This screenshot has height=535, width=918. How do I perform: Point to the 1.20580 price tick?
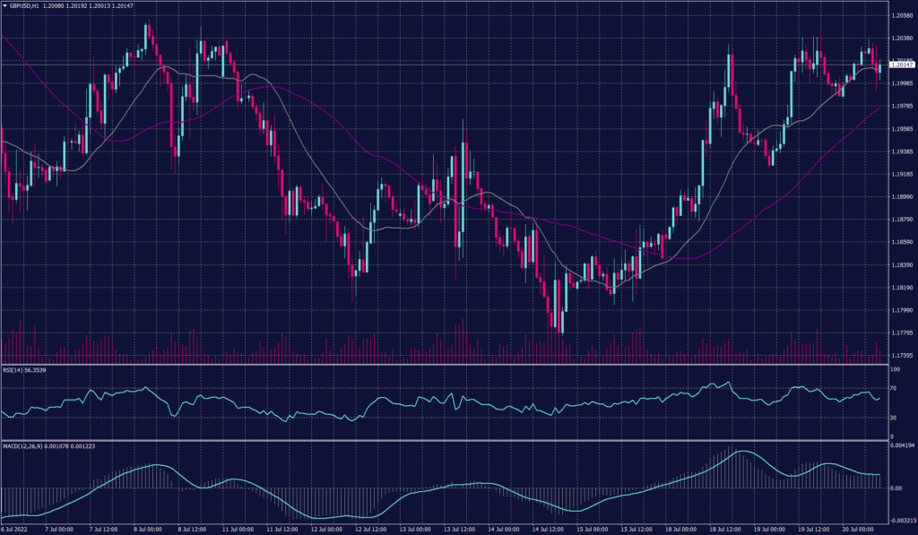pos(901,16)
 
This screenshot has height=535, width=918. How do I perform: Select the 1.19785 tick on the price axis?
pos(901,106)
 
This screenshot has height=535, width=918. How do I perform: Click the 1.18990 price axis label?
pos(901,196)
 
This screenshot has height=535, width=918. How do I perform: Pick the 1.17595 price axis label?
pos(901,355)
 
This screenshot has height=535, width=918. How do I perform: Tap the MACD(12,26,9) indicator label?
pos(28,446)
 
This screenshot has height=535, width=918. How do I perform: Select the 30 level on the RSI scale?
pos(893,418)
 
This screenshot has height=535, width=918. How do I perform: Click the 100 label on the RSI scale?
pos(894,369)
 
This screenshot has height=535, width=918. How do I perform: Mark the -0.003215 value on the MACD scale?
pos(901,520)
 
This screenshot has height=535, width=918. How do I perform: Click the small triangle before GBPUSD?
pos(4,5)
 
